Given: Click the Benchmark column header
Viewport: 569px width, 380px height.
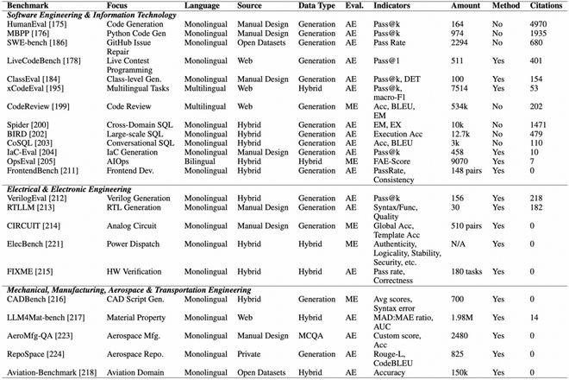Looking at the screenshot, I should pos(27,6).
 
